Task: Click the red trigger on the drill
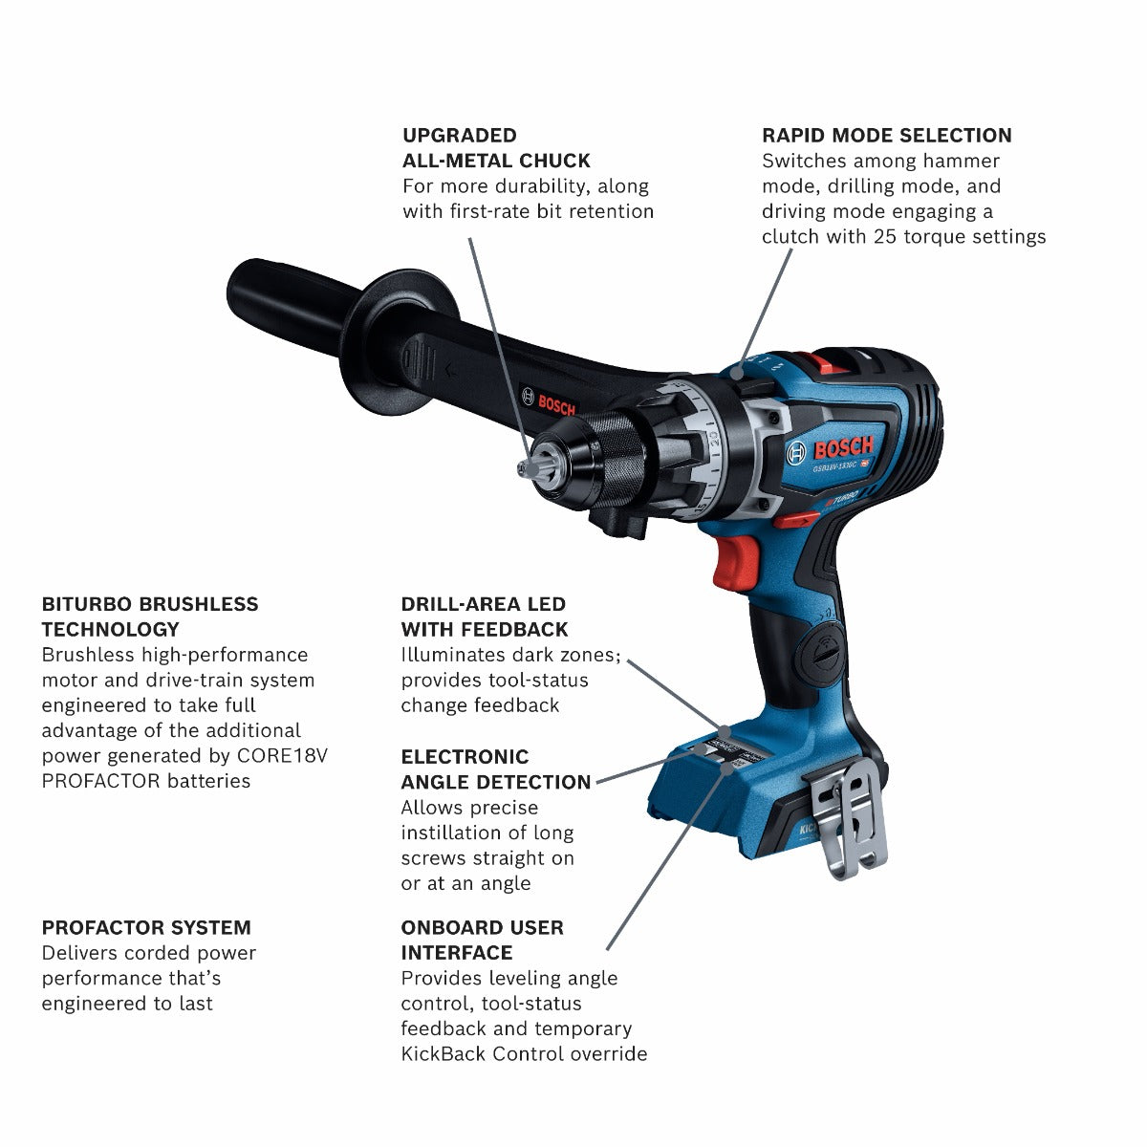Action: (x=730, y=562)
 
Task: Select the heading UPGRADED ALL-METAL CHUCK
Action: (x=496, y=148)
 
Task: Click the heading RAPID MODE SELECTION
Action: (x=886, y=136)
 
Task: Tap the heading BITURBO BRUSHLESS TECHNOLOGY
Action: (x=150, y=617)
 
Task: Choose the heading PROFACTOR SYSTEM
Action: (x=146, y=927)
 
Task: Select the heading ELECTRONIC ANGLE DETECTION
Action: (x=495, y=769)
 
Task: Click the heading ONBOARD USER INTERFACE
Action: (x=482, y=940)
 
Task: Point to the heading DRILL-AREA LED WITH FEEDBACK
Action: (x=484, y=617)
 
